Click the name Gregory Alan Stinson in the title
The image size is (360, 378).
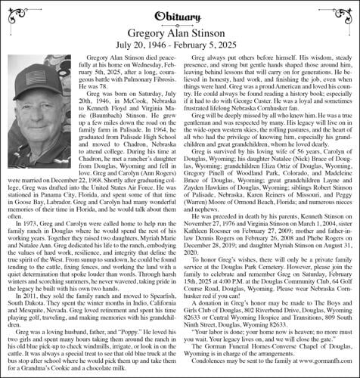tap(179, 31)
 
